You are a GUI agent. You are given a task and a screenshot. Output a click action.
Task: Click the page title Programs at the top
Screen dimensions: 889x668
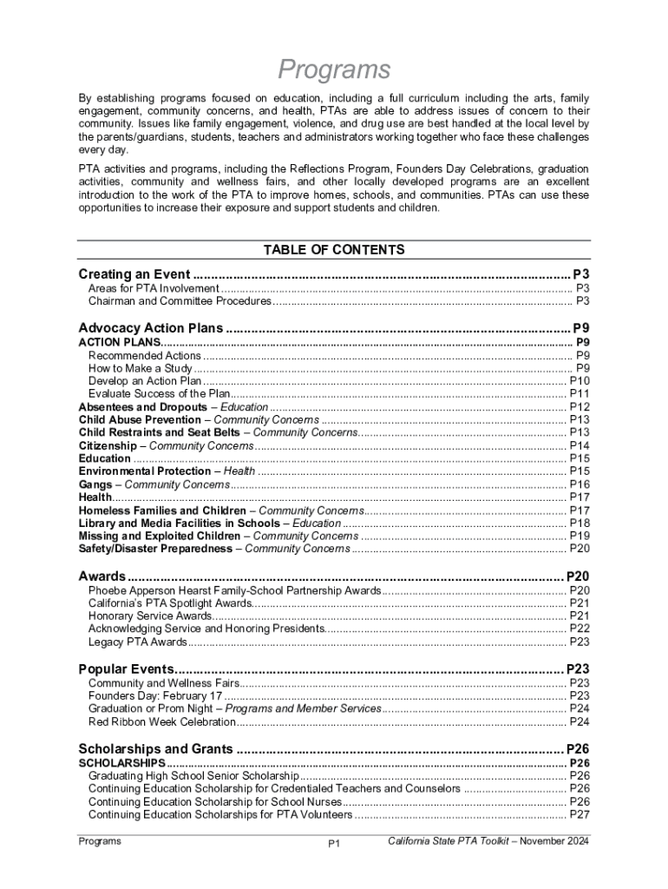(x=334, y=69)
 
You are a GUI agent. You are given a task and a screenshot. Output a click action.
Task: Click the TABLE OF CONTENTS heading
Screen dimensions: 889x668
(x=334, y=250)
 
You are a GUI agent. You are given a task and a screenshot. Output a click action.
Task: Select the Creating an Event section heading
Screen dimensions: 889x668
(x=134, y=274)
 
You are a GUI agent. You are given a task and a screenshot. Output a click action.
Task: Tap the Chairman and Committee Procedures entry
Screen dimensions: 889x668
(x=180, y=301)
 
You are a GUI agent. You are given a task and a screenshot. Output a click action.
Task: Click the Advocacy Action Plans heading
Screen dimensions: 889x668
(x=151, y=328)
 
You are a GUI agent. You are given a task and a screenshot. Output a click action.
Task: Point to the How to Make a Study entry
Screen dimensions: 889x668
(x=140, y=368)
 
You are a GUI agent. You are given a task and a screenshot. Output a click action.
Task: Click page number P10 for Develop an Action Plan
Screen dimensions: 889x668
(x=580, y=381)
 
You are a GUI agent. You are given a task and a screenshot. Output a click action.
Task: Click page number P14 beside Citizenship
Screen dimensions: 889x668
(x=580, y=445)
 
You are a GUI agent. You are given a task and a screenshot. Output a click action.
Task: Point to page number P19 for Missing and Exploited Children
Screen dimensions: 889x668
(x=580, y=537)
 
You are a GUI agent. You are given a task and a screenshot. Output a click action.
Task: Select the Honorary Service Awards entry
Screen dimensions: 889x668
(x=149, y=616)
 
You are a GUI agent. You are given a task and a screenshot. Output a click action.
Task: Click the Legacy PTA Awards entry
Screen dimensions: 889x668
(x=137, y=642)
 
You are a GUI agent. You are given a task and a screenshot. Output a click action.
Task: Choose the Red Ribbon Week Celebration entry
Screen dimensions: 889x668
(x=161, y=721)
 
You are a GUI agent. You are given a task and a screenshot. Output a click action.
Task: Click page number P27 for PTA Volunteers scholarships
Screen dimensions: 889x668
(x=580, y=814)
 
